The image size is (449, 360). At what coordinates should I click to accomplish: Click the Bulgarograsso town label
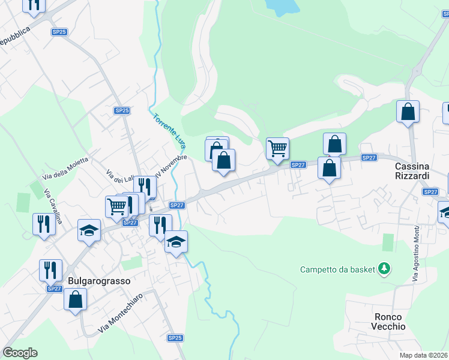click(x=99, y=280)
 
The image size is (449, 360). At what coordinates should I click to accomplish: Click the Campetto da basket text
click(x=337, y=269)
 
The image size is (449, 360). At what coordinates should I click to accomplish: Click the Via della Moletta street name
click(x=66, y=168)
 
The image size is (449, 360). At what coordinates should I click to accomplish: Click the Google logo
click(x=20, y=353)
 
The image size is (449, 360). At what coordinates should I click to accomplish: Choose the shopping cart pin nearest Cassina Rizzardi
click(x=277, y=148)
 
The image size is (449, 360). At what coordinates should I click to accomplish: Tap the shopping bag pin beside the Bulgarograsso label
click(x=76, y=299)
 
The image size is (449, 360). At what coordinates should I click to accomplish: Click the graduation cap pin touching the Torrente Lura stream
click(x=176, y=242)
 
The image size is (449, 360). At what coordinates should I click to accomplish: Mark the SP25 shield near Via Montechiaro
click(x=175, y=338)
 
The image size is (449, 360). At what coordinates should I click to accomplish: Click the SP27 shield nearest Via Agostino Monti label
click(x=430, y=192)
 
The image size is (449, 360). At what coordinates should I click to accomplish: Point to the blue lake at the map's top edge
click(x=282, y=6)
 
